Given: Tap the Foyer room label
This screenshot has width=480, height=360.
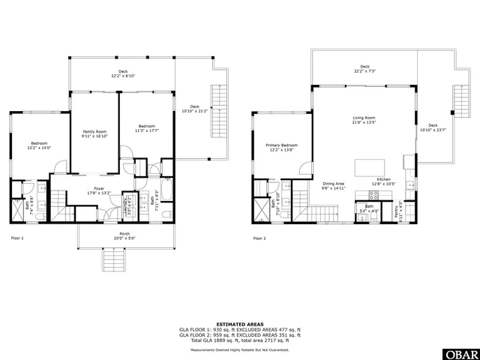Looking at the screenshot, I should click(99, 188).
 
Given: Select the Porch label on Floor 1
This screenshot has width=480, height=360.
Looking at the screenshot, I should click(124, 233).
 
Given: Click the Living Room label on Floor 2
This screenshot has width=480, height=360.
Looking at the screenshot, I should click(364, 118).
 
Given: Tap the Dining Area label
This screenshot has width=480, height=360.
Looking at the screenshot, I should click(334, 184).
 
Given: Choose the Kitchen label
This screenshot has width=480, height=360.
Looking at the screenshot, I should click(384, 180).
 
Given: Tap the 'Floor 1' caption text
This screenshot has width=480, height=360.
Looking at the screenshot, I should click(17, 238).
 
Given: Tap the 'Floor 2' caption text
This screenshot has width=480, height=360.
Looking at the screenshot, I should click(259, 238).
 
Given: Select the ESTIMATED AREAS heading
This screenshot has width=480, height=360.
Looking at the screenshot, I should click(239, 323).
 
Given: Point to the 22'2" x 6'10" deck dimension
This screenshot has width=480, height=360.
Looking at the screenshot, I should click(122, 76).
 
